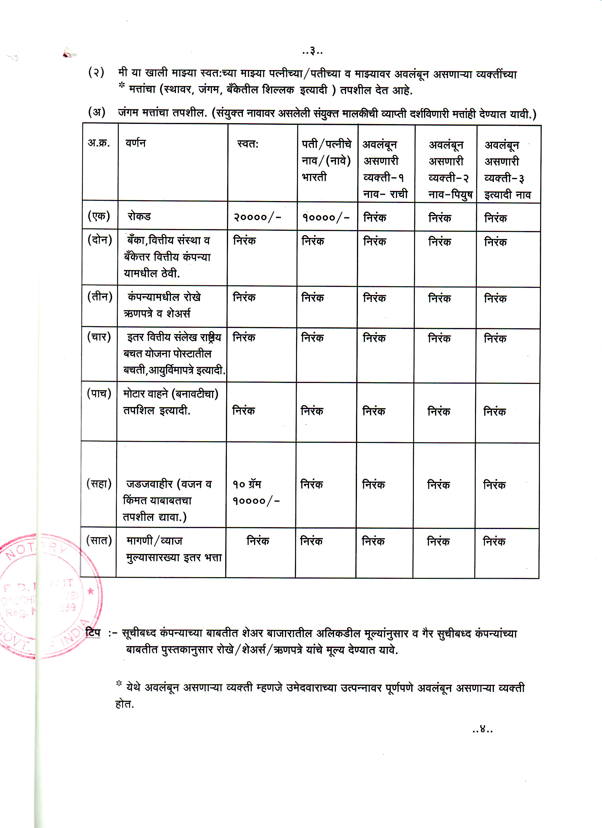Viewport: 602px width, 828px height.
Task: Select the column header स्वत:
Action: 248,144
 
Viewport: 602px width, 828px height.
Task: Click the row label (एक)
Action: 99,216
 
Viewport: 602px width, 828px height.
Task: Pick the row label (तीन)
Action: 99,296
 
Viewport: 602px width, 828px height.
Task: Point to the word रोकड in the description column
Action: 139,216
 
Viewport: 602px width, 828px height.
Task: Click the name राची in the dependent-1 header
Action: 399,194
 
